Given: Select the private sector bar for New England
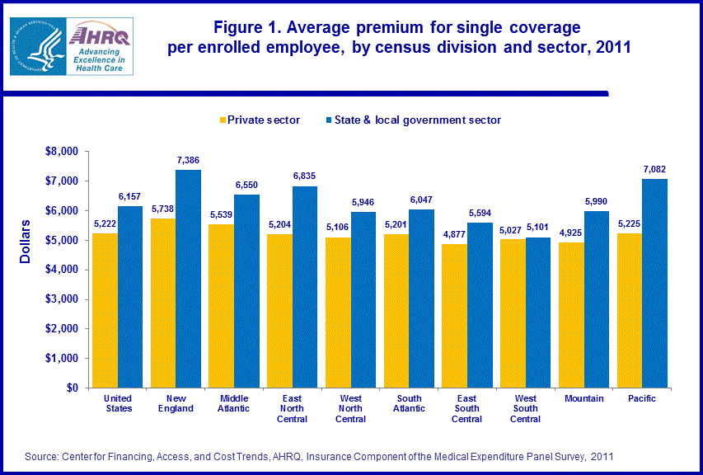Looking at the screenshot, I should point(163,303).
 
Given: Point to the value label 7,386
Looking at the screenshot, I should point(188,160).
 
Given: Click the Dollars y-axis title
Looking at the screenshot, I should point(26,241).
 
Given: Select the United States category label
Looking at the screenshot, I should point(118,403).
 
